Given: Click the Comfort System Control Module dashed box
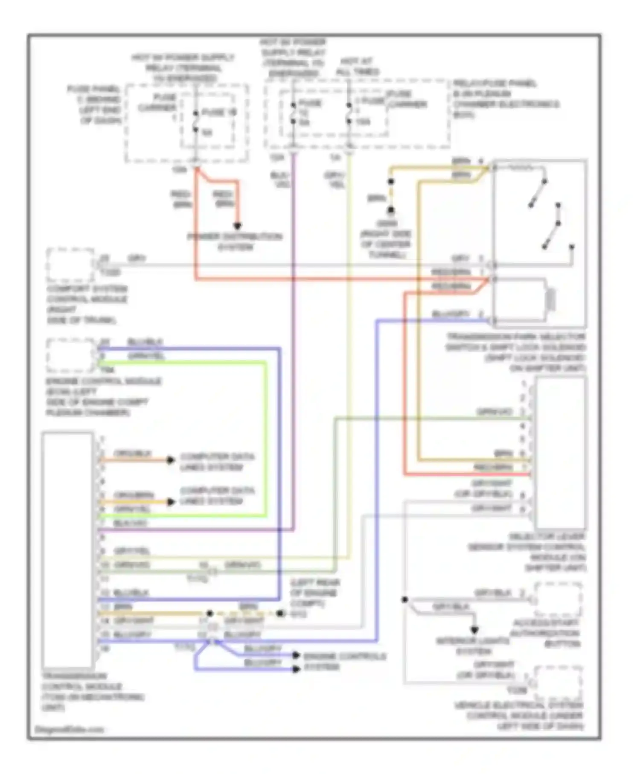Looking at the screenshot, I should pos(70,265).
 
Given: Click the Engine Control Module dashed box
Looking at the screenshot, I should pos(70,355).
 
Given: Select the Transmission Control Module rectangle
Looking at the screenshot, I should pos(67,550).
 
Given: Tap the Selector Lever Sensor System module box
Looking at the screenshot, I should pos(560,453).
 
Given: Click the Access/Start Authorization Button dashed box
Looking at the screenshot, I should pos(558,600).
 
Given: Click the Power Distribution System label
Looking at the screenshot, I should pos(235,242).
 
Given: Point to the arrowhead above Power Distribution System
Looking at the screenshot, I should pos(238,226).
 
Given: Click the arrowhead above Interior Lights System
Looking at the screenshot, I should pos(474,630).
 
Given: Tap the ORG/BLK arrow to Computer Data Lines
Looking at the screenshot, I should pos(170,460).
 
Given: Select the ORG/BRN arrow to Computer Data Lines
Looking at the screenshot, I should pos(170,502).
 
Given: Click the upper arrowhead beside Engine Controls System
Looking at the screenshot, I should pos(296,655).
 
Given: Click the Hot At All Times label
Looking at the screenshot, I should pos(358,67).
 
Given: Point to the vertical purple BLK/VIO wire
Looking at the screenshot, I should pos(294,341).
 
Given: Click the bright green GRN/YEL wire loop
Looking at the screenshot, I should pos(265,439).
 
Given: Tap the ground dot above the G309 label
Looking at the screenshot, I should pos(391,210).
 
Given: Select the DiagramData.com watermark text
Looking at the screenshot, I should pos(69,729).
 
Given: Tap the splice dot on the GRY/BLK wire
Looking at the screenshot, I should pos(404,600).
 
